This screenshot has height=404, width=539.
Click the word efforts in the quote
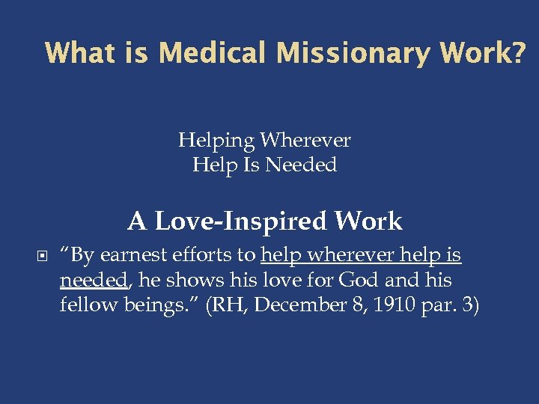[x=204, y=256]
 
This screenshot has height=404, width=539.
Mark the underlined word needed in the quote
[x=94, y=280]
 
